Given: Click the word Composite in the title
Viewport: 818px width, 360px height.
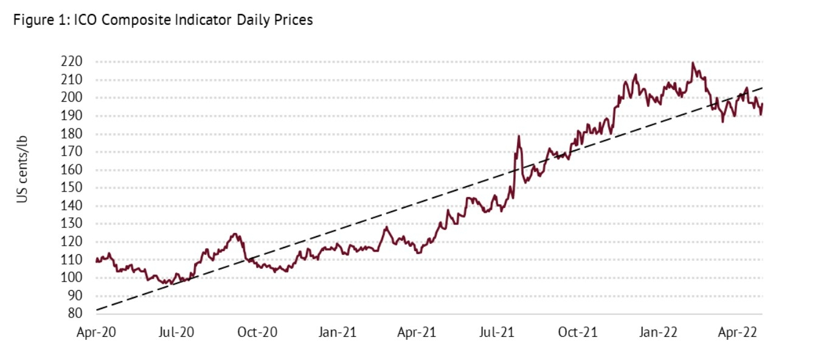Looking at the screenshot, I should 126,20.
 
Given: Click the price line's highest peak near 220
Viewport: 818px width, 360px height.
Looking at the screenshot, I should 693,63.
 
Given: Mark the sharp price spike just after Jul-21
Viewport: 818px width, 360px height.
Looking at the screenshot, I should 519,136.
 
